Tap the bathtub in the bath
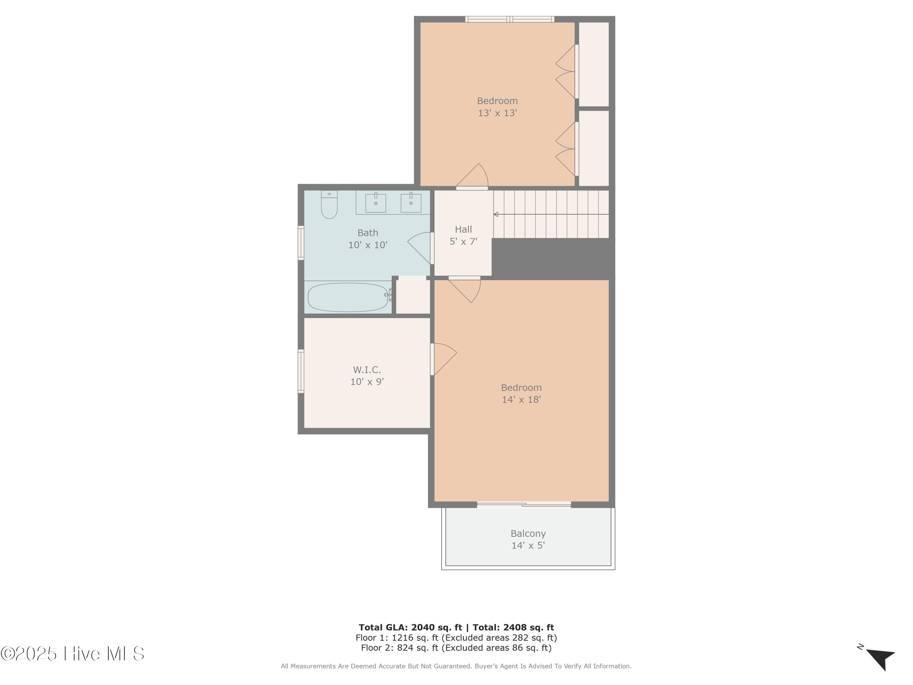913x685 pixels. click(x=348, y=297)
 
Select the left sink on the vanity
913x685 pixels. click(x=376, y=203)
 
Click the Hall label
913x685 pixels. click(x=463, y=230)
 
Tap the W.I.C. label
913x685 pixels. click(x=367, y=370)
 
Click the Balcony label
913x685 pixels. click(x=528, y=533)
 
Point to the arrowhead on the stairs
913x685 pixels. click(x=496, y=214)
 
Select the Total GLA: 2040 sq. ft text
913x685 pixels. click(x=410, y=627)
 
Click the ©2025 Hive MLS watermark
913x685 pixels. click(x=72, y=654)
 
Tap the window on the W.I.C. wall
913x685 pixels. click(x=301, y=371)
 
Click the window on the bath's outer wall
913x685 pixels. click(x=301, y=243)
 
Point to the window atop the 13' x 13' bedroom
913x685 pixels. click(x=510, y=19)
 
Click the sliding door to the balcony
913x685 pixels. click(x=524, y=504)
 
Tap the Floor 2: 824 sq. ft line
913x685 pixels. click(x=456, y=648)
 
